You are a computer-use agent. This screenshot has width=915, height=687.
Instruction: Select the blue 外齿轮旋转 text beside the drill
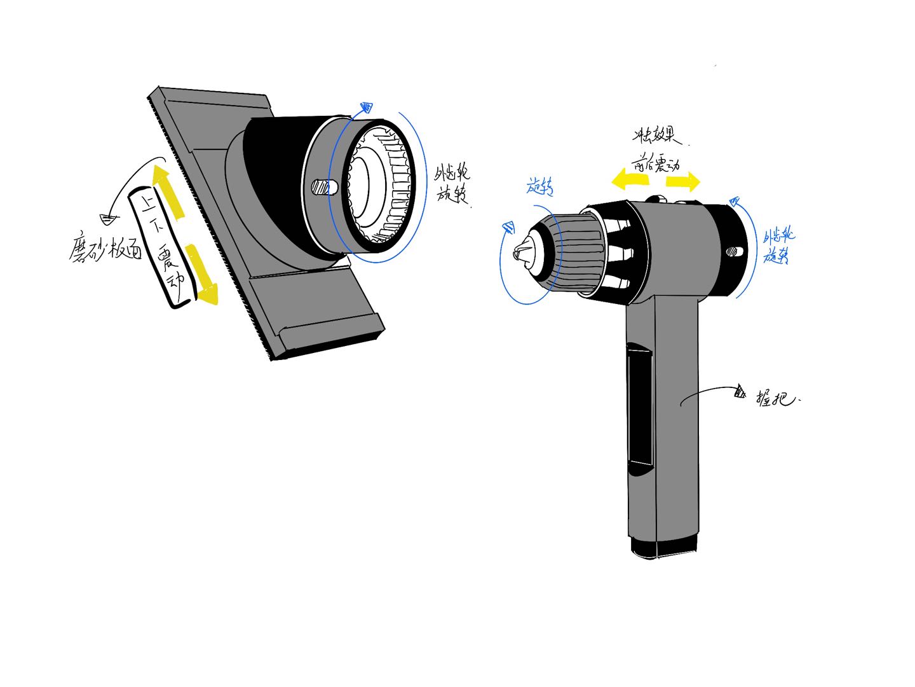click(778, 246)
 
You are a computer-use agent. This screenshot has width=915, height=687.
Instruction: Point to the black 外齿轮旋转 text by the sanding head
click(452, 183)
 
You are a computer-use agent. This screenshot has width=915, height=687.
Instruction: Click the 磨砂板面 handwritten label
click(105, 248)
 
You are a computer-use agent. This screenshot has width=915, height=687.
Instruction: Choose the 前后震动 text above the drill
click(656, 164)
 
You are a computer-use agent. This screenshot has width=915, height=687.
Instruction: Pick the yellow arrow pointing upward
click(168, 191)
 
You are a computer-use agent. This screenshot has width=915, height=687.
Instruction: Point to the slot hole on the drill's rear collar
click(733, 251)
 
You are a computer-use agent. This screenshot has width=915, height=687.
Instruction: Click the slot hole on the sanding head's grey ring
click(324, 188)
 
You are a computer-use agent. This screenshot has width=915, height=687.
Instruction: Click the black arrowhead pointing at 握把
click(739, 391)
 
